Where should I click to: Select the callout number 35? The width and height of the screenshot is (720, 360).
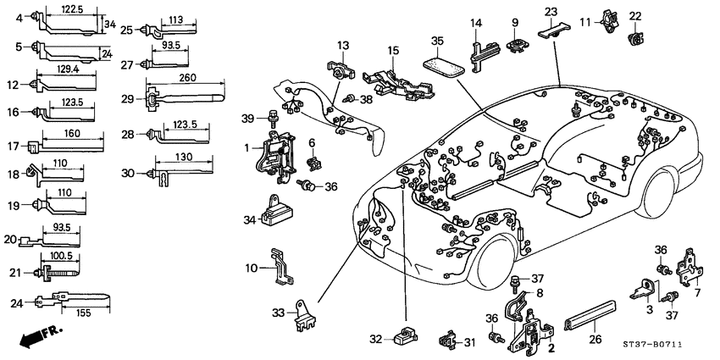437,40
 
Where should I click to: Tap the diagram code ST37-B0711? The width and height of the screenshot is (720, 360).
675,346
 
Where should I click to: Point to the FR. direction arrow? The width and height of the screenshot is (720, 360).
35,336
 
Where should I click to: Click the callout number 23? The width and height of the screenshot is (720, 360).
551,11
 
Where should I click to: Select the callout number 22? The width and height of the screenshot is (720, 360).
635,16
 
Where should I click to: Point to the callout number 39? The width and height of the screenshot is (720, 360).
248,117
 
